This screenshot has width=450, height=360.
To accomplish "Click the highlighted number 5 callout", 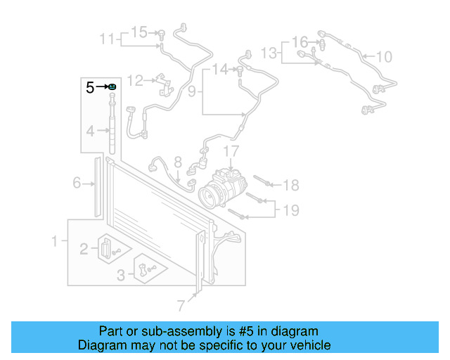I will (89, 88).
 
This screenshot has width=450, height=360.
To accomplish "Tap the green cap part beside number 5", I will (112, 86).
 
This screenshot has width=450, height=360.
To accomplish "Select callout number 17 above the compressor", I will (231, 151).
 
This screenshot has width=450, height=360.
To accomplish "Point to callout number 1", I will (55, 243).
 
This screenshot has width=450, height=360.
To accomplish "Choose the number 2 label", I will (84, 248).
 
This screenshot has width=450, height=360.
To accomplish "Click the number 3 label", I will (120, 275).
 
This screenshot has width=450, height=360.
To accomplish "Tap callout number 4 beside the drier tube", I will (90, 131).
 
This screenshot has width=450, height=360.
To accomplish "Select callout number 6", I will (77, 184).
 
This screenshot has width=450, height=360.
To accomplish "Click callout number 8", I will (178, 161).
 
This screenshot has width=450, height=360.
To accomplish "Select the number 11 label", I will (106, 39).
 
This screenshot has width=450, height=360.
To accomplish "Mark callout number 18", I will (291, 185).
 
